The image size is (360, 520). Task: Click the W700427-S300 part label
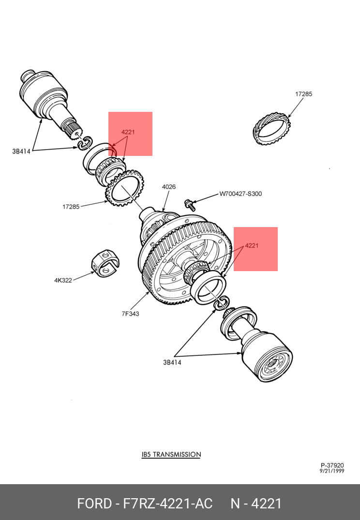(x=240, y=194)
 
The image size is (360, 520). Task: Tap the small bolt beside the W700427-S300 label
(x=190, y=204)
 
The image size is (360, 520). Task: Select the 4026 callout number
(x=169, y=187)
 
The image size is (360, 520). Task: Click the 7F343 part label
(x=130, y=314)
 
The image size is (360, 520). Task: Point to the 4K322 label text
(x=63, y=280)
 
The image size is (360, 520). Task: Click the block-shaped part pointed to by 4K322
(x=105, y=264)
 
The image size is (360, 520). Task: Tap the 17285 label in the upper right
(x=304, y=94)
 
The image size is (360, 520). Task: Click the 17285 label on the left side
(x=71, y=207)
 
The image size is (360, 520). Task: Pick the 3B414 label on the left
(x=21, y=151)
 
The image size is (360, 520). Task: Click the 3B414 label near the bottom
(x=172, y=363)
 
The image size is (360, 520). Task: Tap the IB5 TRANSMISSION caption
(x=171, y=454)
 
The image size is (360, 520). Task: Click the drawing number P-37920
(x=332, y=465)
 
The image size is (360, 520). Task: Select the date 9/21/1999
(x=332, y=471)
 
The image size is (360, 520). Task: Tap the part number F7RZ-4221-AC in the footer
(x=168, y=504)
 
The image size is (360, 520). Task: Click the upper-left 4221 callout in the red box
(x=128, y=132)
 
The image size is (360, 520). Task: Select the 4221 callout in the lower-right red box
(x=252, y=245)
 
